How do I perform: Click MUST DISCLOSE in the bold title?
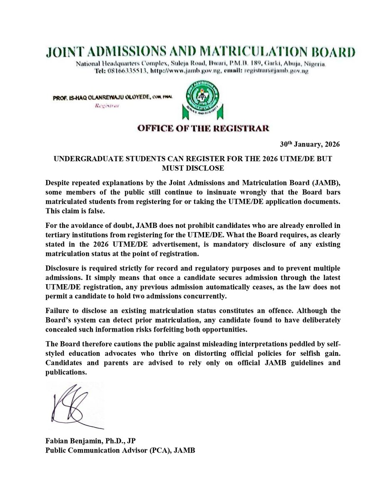click(193, 168)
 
